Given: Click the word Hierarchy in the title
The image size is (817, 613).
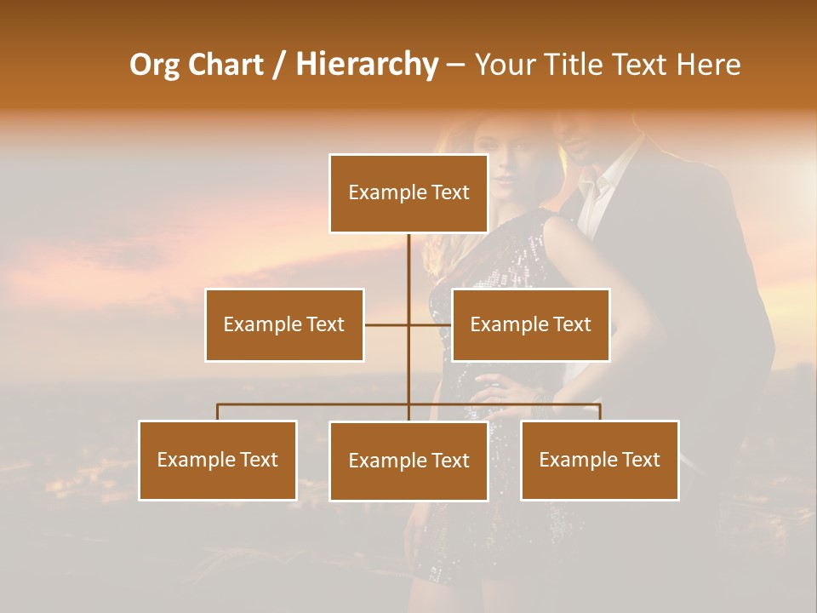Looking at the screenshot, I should point(366,65).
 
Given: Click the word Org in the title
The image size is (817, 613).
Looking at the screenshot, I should point(155,65).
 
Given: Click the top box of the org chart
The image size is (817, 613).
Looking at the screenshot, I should point(408,193).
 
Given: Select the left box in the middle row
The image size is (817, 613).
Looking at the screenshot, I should point(284,324).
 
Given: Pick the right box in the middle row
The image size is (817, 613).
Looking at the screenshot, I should point(530,324).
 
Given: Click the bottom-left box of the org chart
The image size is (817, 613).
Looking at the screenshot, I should point(218,461).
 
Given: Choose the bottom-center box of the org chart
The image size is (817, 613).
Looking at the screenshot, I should point(408,461).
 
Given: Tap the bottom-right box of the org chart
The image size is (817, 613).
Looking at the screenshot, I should point(600,461).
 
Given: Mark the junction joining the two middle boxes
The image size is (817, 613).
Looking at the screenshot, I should point(408,324).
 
